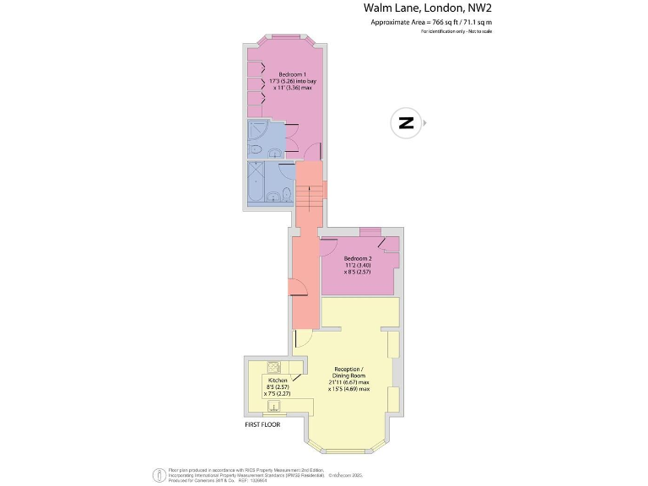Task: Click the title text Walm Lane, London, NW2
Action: pos(427,8)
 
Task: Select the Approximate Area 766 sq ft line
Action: pos(431,22)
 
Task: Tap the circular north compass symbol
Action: pos(406,123)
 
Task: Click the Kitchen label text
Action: pos(277,381)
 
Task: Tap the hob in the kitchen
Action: pos(273,366)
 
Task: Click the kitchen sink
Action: pos(273,408)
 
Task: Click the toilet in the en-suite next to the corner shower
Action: pos(276,153)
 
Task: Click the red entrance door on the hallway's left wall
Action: pos(298,288)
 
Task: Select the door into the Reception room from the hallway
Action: pos(303,340)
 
